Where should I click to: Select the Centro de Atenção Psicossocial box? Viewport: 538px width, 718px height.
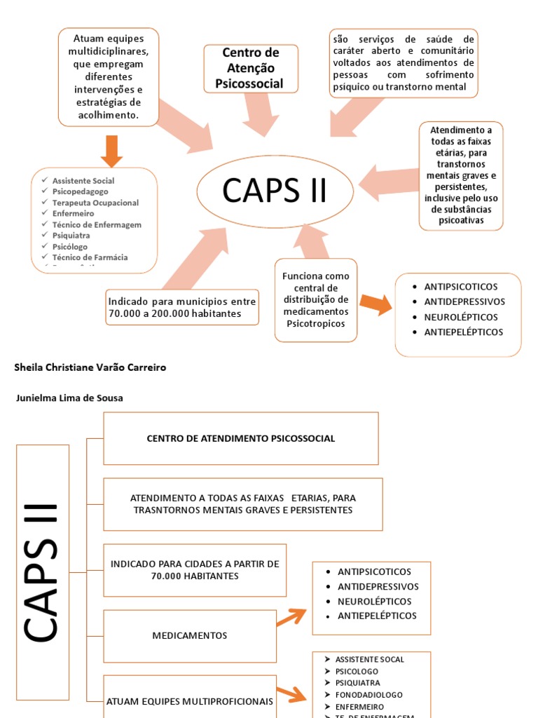251,69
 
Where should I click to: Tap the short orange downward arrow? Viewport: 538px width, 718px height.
111,150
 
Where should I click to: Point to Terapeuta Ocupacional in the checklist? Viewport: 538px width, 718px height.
95,203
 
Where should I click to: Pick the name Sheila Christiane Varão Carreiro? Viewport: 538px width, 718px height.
90,367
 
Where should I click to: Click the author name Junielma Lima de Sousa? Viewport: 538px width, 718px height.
69,398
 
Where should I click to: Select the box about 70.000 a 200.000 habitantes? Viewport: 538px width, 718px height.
181,307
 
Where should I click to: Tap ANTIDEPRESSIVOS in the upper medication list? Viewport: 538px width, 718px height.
464,302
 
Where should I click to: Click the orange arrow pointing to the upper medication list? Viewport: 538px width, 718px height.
375,304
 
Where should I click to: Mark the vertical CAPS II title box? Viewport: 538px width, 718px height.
43,572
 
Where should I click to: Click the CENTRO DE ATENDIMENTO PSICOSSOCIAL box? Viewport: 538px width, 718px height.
241,438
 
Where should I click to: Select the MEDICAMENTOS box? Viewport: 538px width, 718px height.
190,635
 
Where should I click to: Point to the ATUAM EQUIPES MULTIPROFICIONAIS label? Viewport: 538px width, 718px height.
189,700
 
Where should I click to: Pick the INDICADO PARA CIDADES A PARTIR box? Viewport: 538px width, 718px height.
195,570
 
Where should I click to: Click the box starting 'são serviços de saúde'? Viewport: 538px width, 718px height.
404,63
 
